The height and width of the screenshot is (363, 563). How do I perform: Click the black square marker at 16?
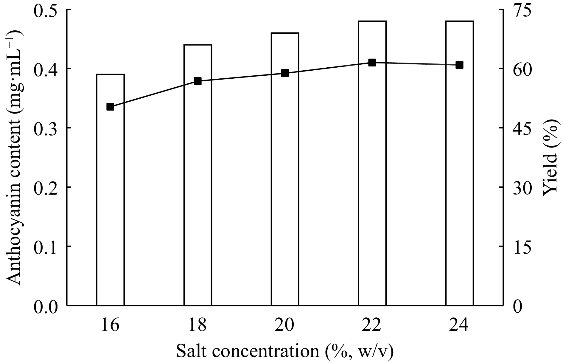pyautogui.click(x=110, y=107)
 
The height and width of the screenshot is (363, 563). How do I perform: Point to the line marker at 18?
pyautogui.click(x=198, y=81)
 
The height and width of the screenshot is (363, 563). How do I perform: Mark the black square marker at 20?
pyautogui.click(x=285, y=73)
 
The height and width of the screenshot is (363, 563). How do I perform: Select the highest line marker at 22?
pyautogui.click(x=372, y=63)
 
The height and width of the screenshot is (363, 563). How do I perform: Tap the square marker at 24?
pyautogui.click(x=460, y=65)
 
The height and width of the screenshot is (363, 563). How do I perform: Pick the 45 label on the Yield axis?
pyautogui.click(x=523, y=128)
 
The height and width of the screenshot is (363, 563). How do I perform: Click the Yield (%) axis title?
pyautogui.click(x=550, y=157)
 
